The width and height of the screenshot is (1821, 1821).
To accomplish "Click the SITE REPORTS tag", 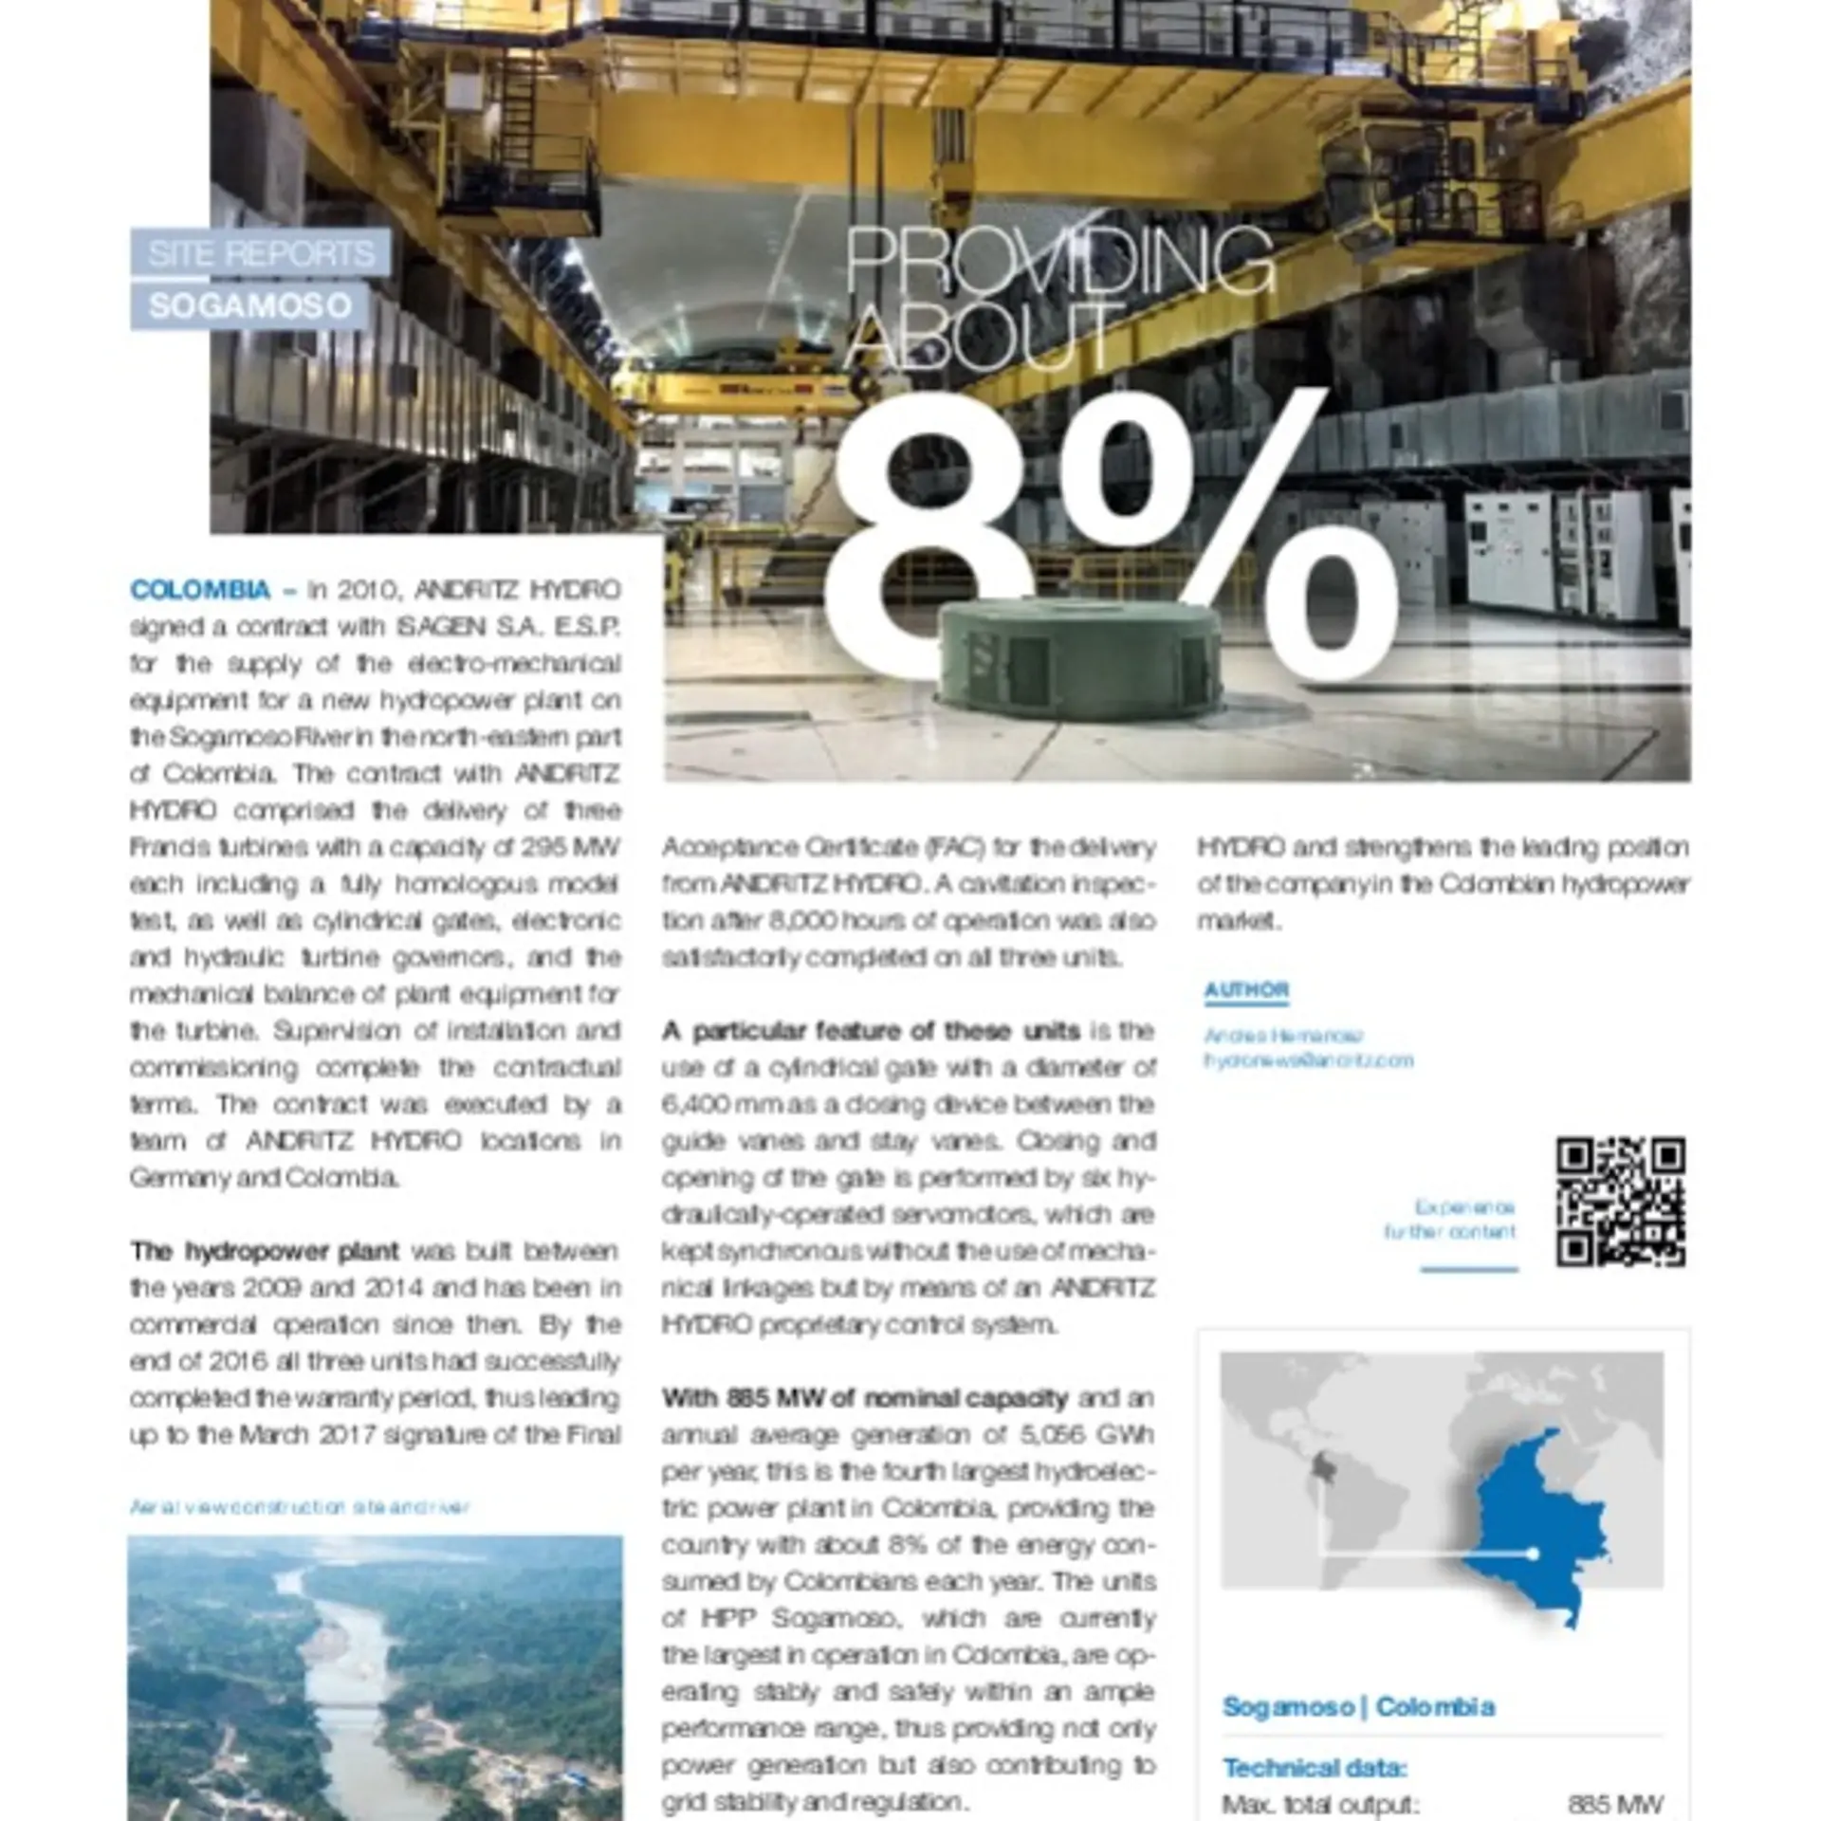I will click(x=261, y=254).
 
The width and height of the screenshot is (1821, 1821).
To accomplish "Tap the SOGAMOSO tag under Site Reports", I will click(x=250, y=306).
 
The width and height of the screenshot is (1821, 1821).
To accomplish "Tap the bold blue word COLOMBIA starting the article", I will click(x=200, y=590).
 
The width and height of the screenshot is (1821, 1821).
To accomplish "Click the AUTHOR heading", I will click(x=1246, y=990).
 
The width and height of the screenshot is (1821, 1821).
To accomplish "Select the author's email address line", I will click(x=1309, y=1060).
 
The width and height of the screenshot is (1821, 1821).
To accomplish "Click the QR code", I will click(x=1620, y=1201).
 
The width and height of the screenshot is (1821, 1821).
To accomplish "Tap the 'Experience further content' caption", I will click(x=1450, y=1220).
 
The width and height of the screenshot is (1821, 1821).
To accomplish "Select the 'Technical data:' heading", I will click(x=1315, y=1768).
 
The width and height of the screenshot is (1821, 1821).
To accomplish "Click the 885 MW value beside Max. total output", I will click(x=1615, y=1804).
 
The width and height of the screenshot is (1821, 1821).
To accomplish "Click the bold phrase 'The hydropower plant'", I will click(x=265, y=1251).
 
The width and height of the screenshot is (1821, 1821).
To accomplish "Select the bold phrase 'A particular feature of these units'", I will click(x=871, y=1031).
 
